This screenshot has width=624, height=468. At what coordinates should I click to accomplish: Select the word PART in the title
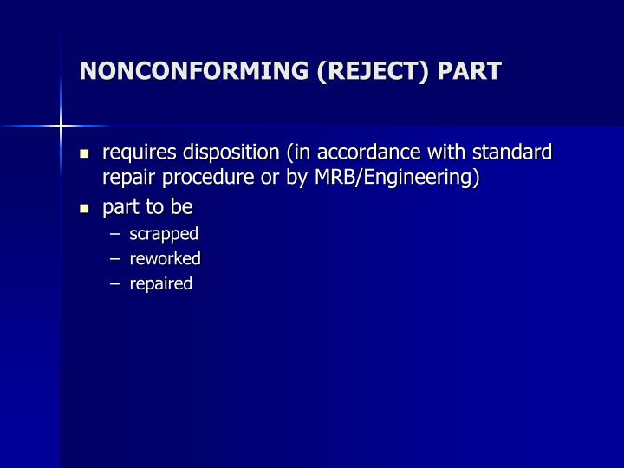click(x=470, y=70)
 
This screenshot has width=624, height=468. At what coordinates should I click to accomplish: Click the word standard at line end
click(x=514, y=153)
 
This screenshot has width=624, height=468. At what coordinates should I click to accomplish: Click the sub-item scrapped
click(x=164, y=233)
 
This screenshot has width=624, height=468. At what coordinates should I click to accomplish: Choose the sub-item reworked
click(x=165, y=258)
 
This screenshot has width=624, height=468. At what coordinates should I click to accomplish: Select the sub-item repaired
click(x=161, y=284)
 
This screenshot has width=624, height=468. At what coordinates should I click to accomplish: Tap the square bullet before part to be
click(x=85, y=209)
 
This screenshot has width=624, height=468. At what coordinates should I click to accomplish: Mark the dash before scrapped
click(x=117, y=234)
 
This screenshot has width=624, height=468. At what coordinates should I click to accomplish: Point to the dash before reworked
click(x=117, y=259)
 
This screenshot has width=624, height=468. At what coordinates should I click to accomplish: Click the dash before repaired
click(x=117, y=284)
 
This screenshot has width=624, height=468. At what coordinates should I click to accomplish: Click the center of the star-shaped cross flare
click(x=62, y=127)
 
